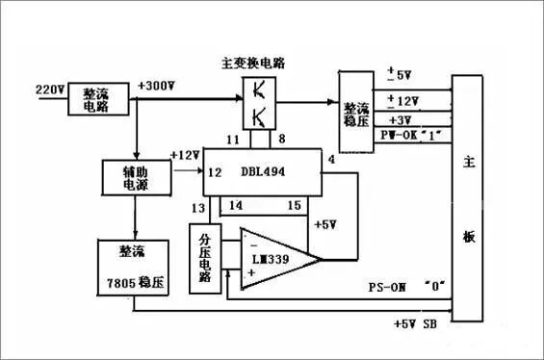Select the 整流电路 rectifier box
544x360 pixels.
point(95,101)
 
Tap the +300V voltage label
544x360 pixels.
point(158,86)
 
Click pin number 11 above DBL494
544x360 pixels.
point(231,141)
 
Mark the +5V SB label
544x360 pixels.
point(417,324)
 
